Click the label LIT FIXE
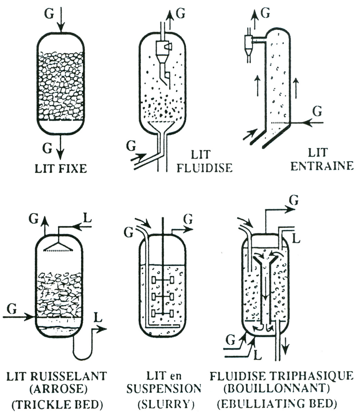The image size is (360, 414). coord(61,169)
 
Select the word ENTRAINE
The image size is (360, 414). coord(322,166)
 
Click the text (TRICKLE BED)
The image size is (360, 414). coord(57,404)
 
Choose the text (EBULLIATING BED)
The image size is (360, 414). coord(281,403)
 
